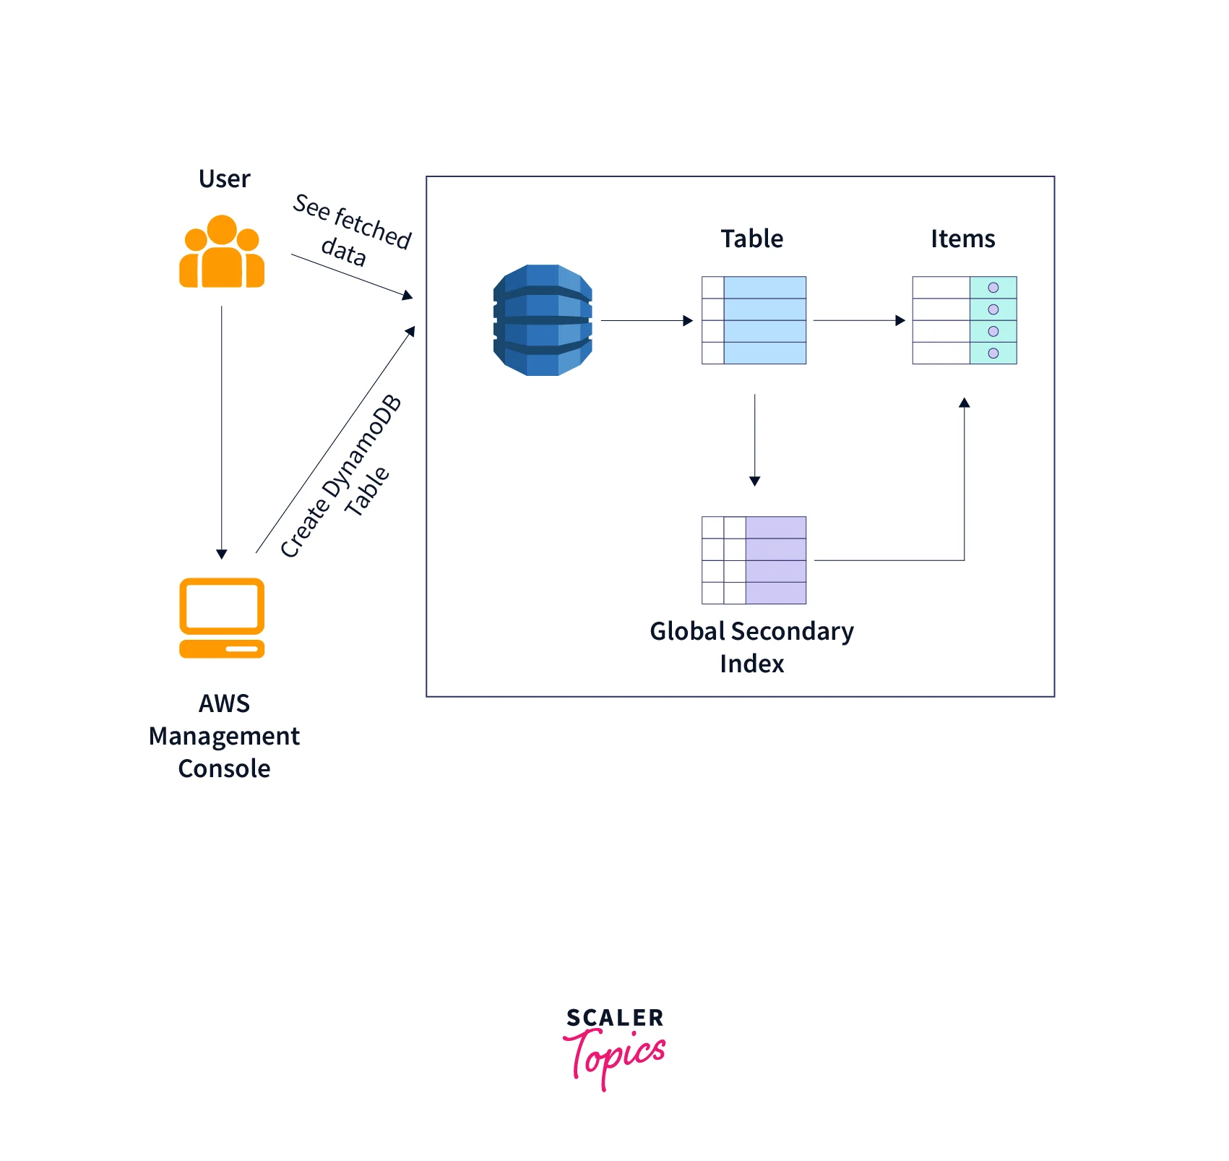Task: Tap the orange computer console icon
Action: click(x=222, y=617)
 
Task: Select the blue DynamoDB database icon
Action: click(x=543, y=320)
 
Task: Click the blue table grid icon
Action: click(x=754, y=320)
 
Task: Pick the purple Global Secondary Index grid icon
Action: click(x=754, y=560)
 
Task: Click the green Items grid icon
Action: click(x=964, y=320)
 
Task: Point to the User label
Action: click(x=224, y=179)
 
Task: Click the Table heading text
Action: click(x=752, y=239)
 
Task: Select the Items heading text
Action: click(x=962, y=239)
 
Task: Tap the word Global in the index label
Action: click(x=687, y=631)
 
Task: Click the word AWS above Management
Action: click(x=224, y=703)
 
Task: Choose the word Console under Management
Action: click(x=224, y=768)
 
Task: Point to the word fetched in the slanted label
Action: click(x=373, y=226)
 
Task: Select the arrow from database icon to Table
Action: click(x=646, y=320)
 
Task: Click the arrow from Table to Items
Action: click(x=858, y=320)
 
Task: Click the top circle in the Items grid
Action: click(x=993, y=288)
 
